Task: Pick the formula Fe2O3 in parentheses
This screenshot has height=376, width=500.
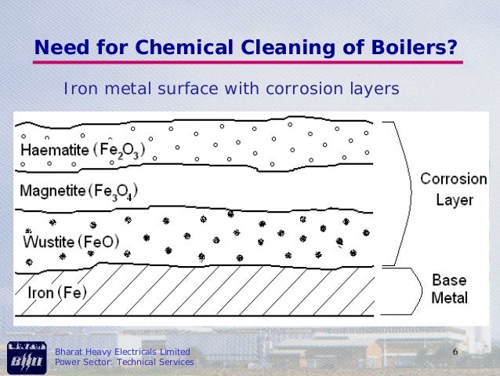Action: coord(118,150)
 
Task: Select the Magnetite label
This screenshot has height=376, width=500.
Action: coord(51,191)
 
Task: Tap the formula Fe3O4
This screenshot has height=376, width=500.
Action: coord(113,192)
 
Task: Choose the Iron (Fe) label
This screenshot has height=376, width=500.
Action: coord(57,293)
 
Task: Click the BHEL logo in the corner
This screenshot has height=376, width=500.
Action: coord(25,357)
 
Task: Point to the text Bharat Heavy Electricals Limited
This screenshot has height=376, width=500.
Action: coord(121,351)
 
